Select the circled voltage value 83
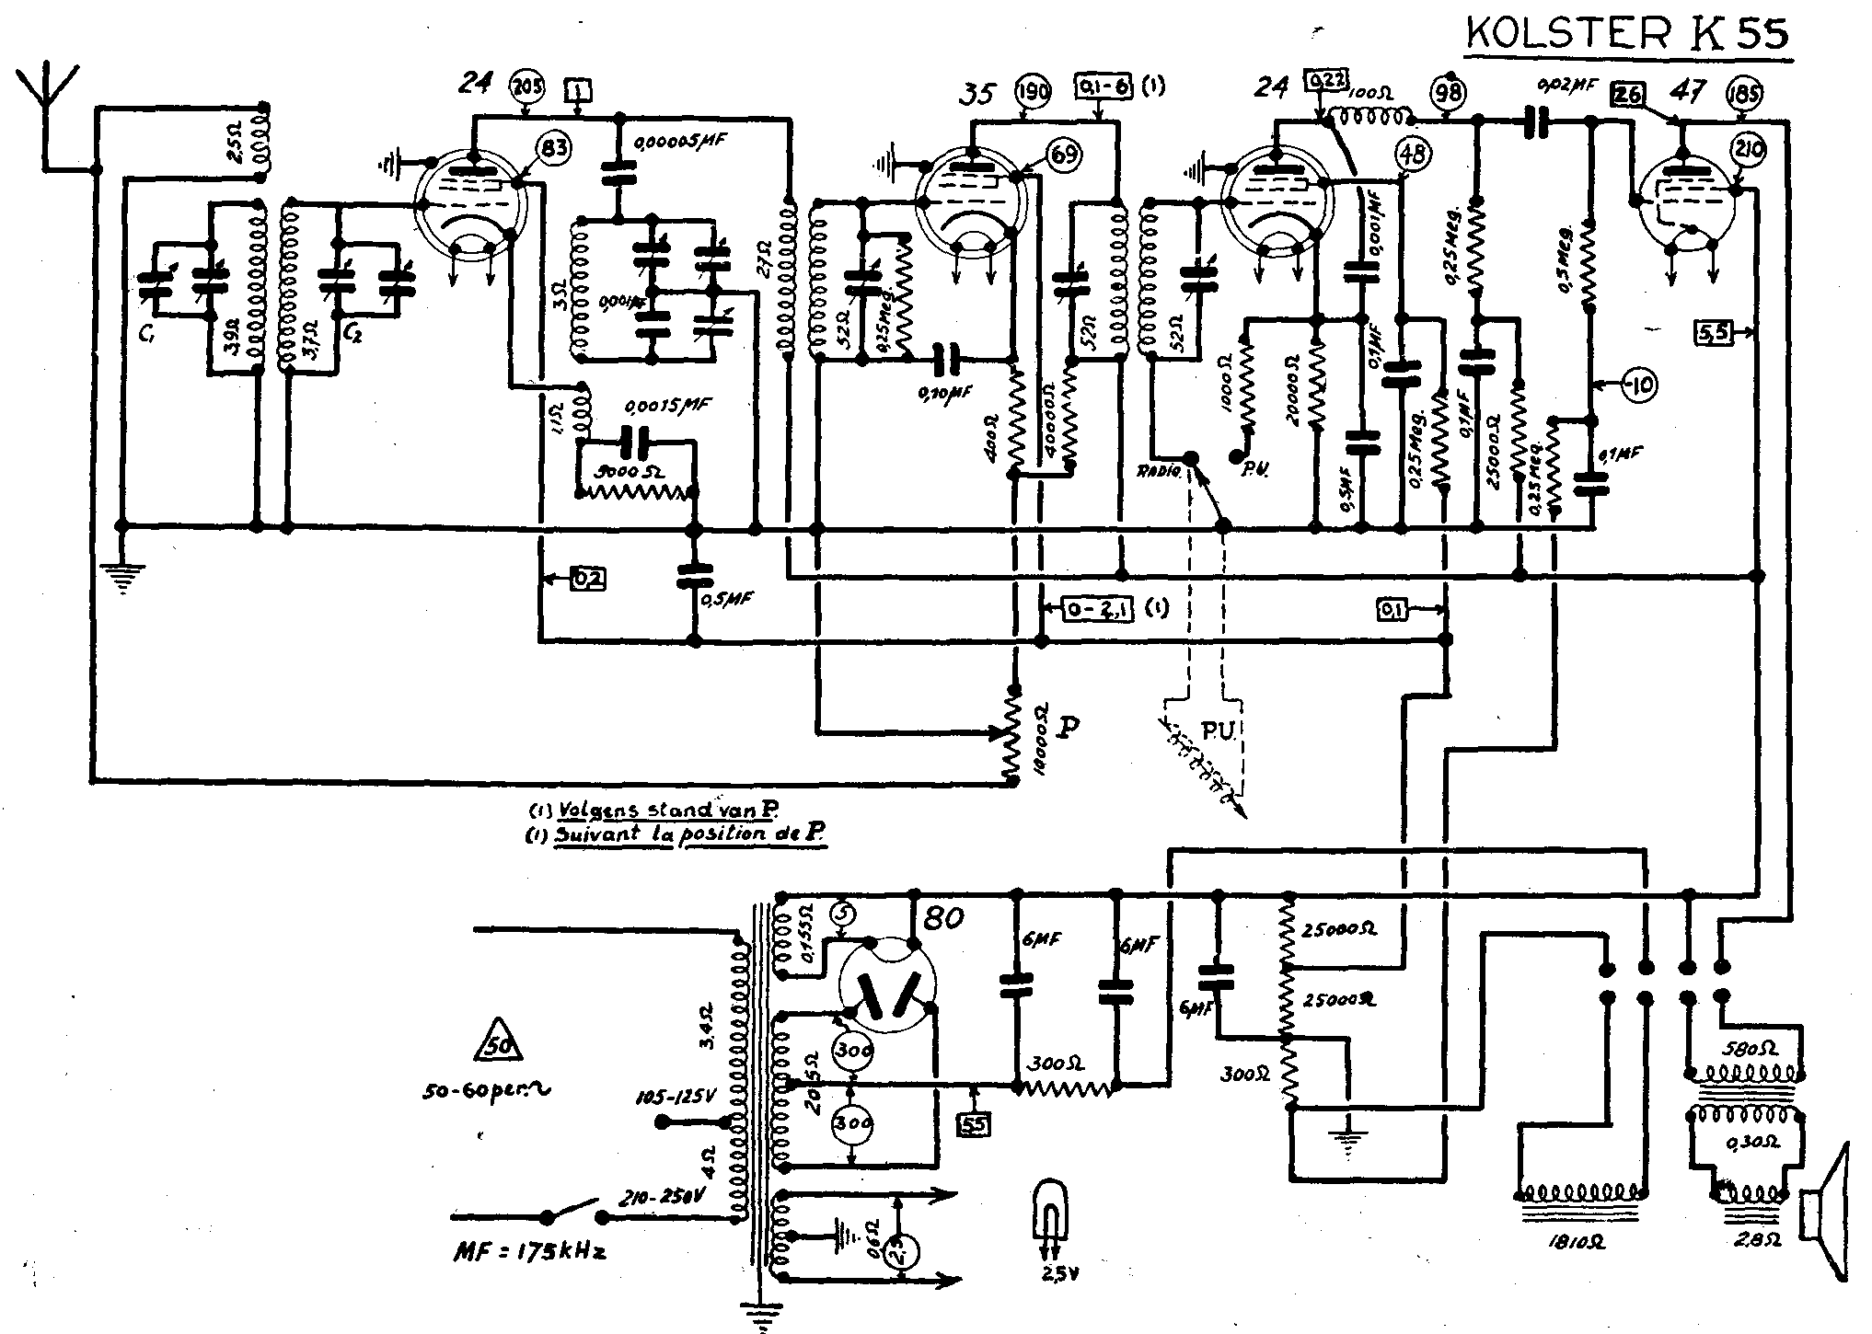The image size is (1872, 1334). point(553,148)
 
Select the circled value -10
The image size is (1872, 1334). point(1636,385)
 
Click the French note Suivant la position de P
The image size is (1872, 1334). point(676,835)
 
